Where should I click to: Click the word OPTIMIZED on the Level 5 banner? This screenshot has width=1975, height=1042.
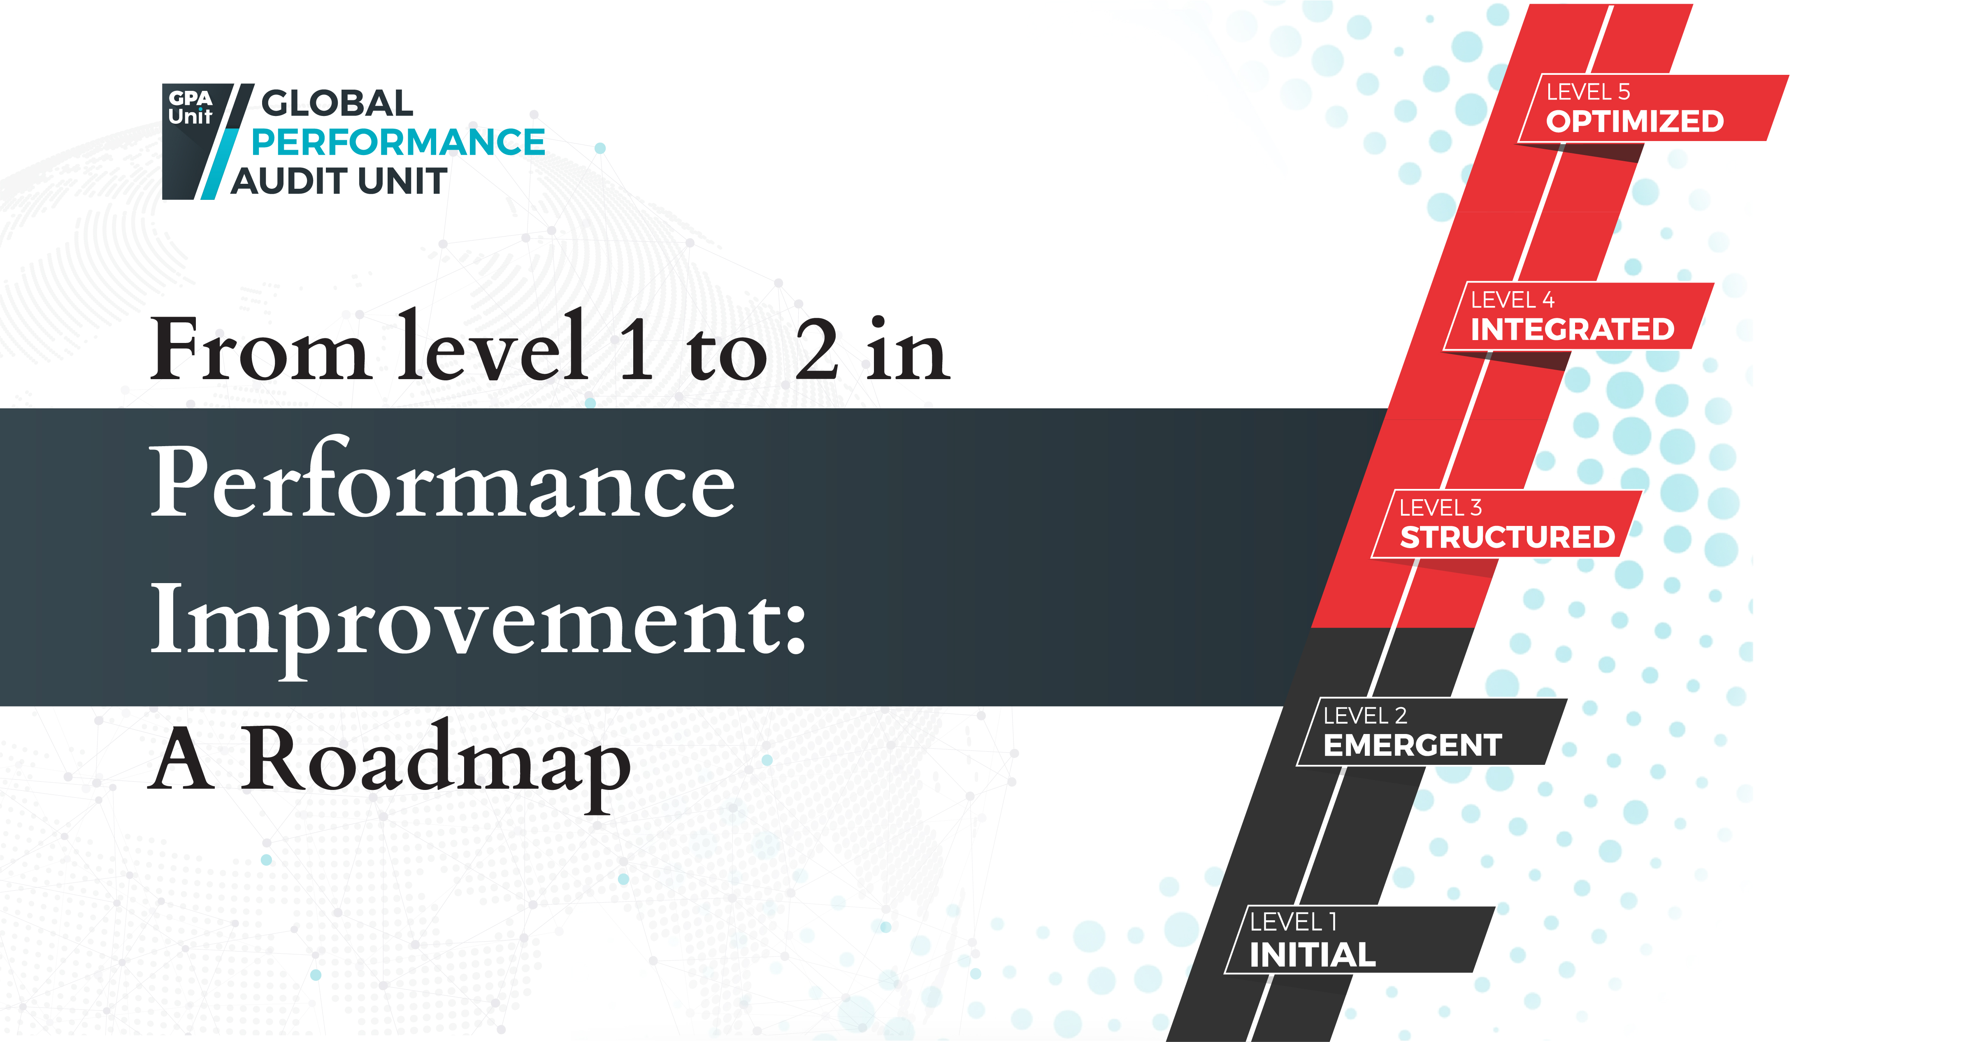coord(1635,121)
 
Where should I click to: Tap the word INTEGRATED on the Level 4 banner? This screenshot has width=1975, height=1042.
coord(1572,329)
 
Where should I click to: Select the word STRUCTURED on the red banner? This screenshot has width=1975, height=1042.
coord(1507,537)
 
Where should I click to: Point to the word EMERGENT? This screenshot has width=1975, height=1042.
coord(1412,745)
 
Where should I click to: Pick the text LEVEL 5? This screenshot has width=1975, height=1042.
coord(1588,92)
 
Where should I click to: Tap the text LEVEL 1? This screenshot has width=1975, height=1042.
coord(1293,922)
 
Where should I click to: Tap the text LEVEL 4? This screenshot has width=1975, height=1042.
coord(1512,300)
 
